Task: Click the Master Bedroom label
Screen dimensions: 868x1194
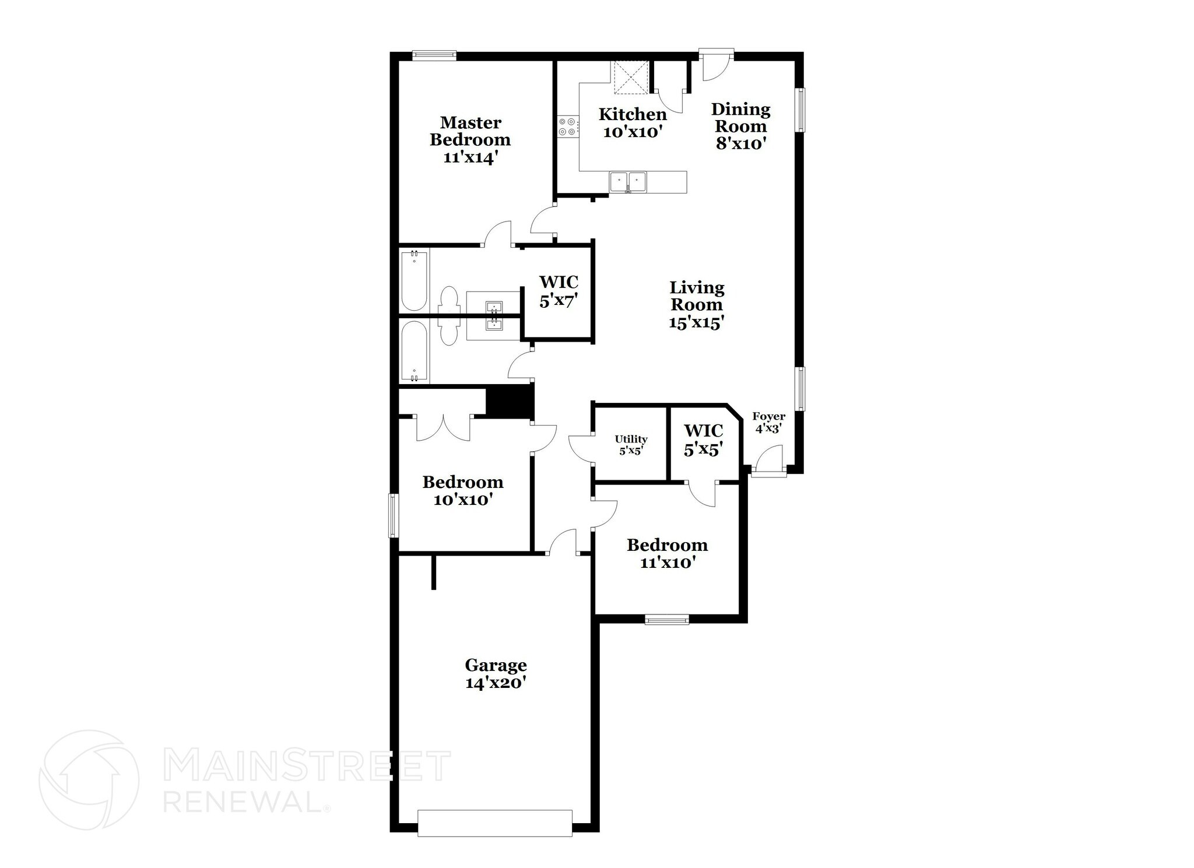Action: [x=470, y=140]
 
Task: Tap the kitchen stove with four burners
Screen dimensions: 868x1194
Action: [x=568, y=127]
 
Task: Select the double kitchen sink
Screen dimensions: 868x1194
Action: [x=628, y=182]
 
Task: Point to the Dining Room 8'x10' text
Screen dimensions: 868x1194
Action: [x=740, y=126]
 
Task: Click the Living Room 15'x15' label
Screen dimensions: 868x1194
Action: [x=697, y=305]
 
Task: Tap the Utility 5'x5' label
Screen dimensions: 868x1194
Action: [x=631, y=445]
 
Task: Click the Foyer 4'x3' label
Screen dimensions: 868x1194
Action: [x=768, y=422]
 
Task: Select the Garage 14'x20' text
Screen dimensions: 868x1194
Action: [x=496, y=673]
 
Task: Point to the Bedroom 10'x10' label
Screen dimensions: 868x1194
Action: [x=463, y=490]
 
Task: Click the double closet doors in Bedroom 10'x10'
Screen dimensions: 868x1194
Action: [x=443, y=428]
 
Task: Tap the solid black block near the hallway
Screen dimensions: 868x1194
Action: [x=510, y=403]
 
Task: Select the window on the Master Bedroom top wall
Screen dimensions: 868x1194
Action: [x=434, y=55]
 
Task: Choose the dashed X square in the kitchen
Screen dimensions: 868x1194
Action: [x=630, y=77]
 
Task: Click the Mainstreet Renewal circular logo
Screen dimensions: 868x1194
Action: [x=89, y=779]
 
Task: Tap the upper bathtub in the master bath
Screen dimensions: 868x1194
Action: [x=414, y=280]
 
